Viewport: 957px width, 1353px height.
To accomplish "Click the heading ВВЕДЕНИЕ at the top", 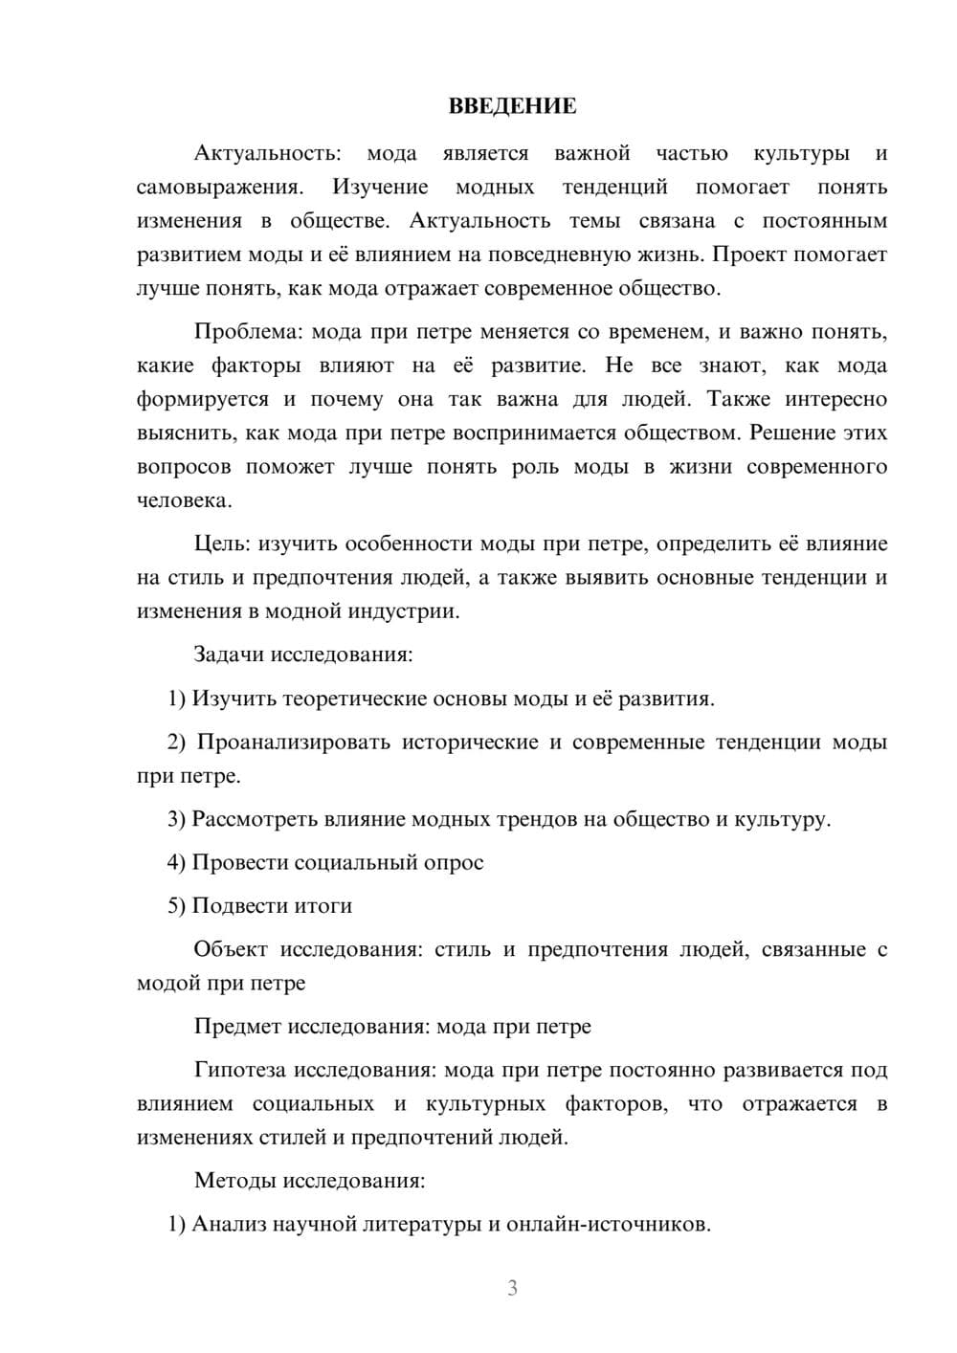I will (512, 106).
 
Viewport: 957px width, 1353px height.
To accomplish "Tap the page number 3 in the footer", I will (512, 1288).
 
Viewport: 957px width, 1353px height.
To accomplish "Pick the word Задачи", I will (230, 655).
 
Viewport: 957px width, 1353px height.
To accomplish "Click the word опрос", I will (455, 863).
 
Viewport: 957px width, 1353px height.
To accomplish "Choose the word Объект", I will (231, 950).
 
